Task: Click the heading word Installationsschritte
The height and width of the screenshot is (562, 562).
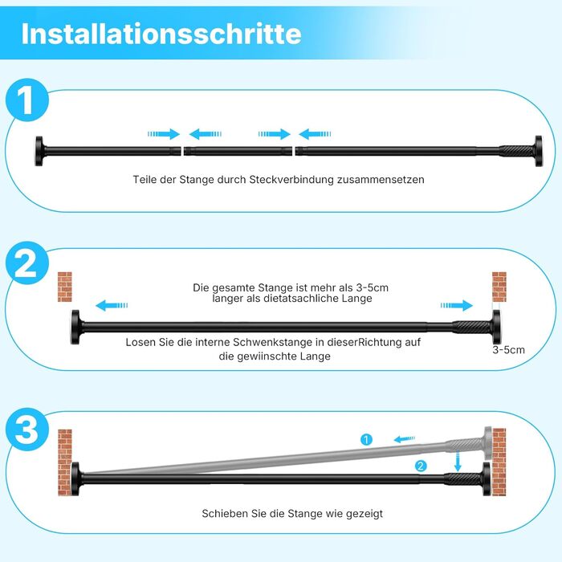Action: coord(161,34)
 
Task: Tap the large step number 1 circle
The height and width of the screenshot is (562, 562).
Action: coord(27,100)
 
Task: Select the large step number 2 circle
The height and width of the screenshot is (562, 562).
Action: coord(27,263)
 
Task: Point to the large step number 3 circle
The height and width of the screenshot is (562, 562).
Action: coord(27,429)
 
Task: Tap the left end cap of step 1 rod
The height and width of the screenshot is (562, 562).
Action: coord(39,151)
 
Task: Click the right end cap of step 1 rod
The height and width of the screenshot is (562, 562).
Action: coord(539,151)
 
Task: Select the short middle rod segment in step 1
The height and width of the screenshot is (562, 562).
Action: coord(238,151)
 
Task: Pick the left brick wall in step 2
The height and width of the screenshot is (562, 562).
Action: coord(65,287)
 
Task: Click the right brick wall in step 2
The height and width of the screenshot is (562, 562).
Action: coord(499,287)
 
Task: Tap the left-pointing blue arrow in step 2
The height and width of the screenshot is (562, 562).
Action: coord(112,305)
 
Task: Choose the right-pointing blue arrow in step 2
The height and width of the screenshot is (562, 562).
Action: coord(457,305)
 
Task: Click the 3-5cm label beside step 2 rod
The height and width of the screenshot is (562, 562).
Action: coord(508,350)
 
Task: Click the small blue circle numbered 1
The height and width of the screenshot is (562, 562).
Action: coord(366,439)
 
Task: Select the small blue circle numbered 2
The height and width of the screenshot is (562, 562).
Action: coord(421,466)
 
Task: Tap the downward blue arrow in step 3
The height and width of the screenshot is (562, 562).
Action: coord(458,462)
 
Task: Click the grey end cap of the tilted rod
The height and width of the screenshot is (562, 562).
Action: coord(488,443)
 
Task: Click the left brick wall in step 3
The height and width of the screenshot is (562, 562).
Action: coord(65,462)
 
